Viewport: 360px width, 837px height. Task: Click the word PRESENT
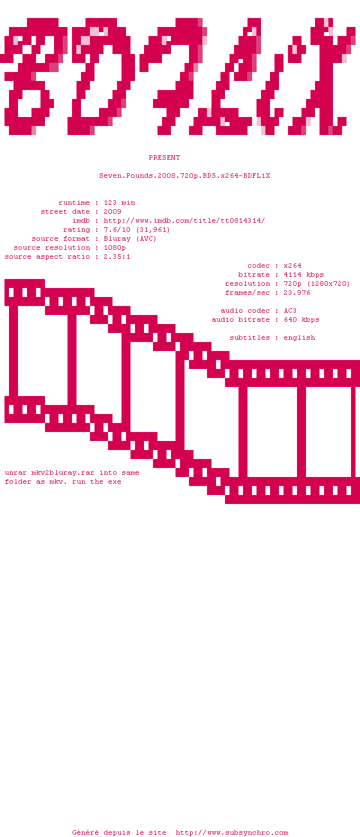[164, 157]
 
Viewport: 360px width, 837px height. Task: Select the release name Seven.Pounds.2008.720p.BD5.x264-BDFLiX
[184, 175]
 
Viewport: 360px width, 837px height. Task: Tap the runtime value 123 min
[119, 202]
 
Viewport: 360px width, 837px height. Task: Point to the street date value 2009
[112, 211]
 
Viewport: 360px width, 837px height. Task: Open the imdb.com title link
[184, 220]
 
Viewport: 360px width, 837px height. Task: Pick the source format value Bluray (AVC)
[130, 238]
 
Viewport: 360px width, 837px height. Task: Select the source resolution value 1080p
[115, 247]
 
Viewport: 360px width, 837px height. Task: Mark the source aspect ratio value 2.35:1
[117, 256]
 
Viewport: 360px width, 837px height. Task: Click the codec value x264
[292, 265]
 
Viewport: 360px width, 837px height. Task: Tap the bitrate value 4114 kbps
[304, 274]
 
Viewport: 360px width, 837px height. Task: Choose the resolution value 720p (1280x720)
[317, 283]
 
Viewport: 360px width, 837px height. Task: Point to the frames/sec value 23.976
[297, 292]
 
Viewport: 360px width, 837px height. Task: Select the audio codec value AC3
[290, 310]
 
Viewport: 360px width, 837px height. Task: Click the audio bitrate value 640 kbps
[301, 319]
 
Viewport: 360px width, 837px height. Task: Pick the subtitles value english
[299, 338]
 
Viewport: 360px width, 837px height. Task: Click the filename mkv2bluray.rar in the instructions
[63, 472]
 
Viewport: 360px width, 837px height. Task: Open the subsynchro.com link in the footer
[232, 832]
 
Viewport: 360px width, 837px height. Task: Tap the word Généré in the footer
[85, 832]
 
